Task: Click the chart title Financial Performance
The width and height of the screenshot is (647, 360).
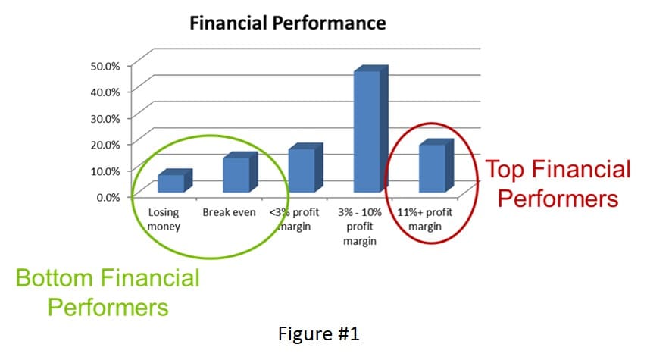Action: (288, 23)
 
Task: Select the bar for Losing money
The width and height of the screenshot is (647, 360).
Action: (175, 181)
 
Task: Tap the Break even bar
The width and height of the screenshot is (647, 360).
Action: (240, 172)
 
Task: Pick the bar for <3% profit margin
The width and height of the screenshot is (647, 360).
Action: (305, 168)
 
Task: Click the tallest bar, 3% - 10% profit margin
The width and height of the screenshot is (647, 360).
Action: (371, 129)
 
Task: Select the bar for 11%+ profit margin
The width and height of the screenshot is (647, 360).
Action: (436, 165)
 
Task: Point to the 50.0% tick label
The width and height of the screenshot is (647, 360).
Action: (105, 66)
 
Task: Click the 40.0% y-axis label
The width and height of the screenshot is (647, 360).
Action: (105, 92)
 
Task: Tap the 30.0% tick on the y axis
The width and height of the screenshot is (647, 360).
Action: (105, 118)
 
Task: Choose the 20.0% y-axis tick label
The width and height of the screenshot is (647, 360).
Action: (105, 145)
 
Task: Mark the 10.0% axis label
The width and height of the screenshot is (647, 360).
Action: (105, 171)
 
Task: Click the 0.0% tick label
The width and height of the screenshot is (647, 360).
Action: (108, 197)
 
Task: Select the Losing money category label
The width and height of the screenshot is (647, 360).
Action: (164, 220)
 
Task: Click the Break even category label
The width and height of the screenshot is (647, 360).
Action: (229, 212)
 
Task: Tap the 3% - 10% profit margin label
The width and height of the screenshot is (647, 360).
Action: (360, 227)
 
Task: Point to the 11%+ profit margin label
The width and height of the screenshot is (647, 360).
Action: (424, 220)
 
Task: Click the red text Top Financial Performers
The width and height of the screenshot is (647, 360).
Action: (558, 183)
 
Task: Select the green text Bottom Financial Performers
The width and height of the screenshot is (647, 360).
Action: (108, 293)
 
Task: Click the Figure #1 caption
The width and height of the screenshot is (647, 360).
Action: (318, 333)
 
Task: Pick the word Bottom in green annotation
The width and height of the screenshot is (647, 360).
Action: (54, 278)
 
